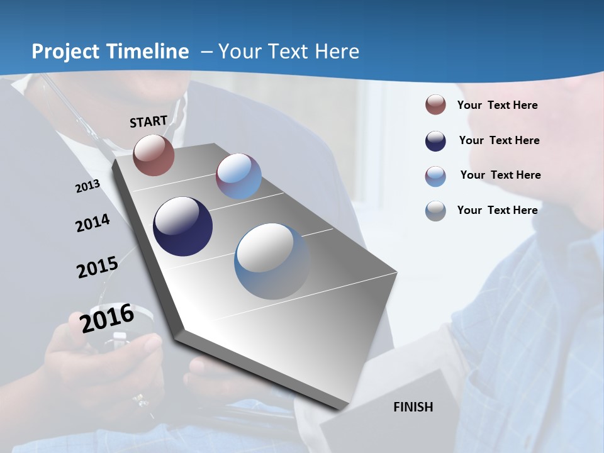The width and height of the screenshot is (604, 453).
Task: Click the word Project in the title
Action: click(x=66, y=52)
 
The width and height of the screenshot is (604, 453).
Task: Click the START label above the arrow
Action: click(x=148, y=121)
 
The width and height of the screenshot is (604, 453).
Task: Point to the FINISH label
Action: click(x=413, y=407)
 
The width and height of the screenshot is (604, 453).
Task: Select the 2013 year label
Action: click(x=87, y=186)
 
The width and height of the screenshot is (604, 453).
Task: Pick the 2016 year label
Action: click(x=107, y=318)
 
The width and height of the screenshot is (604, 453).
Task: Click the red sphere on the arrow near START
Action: click(x=154, y=155)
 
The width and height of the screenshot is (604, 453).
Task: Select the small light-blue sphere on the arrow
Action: click(x=238, y=176)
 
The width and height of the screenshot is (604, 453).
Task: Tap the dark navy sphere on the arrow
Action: click(x=182, y=226)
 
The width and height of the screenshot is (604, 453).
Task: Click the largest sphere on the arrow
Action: click(x=272, y=261)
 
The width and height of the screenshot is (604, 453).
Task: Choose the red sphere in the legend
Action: click(x=435, y=104)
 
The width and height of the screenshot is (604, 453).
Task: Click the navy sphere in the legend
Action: click(x=435, y=140)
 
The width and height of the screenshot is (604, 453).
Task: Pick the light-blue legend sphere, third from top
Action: click(x=435, y=176)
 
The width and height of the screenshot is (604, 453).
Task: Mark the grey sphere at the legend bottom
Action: click(x=435, y=211)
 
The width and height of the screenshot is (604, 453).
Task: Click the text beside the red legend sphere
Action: click(x=497, y=105)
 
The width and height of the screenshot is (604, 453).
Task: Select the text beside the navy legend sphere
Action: click(x=499, y=140)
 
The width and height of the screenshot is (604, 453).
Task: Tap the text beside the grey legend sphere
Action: click(x=497, y=210)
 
